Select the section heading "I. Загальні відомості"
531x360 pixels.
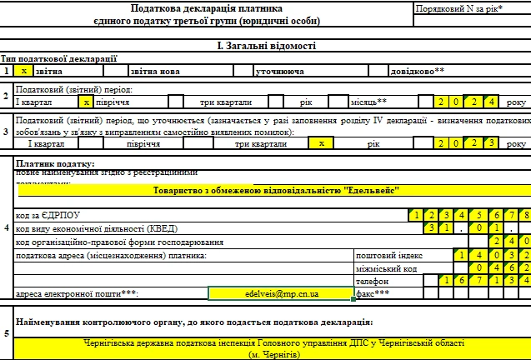pos(266,46)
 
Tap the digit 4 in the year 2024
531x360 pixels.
pos(493,102)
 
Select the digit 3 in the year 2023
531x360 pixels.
pos(493,143)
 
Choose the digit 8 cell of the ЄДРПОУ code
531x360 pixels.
pos(523,216)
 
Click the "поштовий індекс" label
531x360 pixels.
pos(389,255)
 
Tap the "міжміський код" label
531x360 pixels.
pos(386,268)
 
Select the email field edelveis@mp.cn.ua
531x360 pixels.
pos(281,294)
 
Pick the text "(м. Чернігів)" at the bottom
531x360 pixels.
pos(274,355)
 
